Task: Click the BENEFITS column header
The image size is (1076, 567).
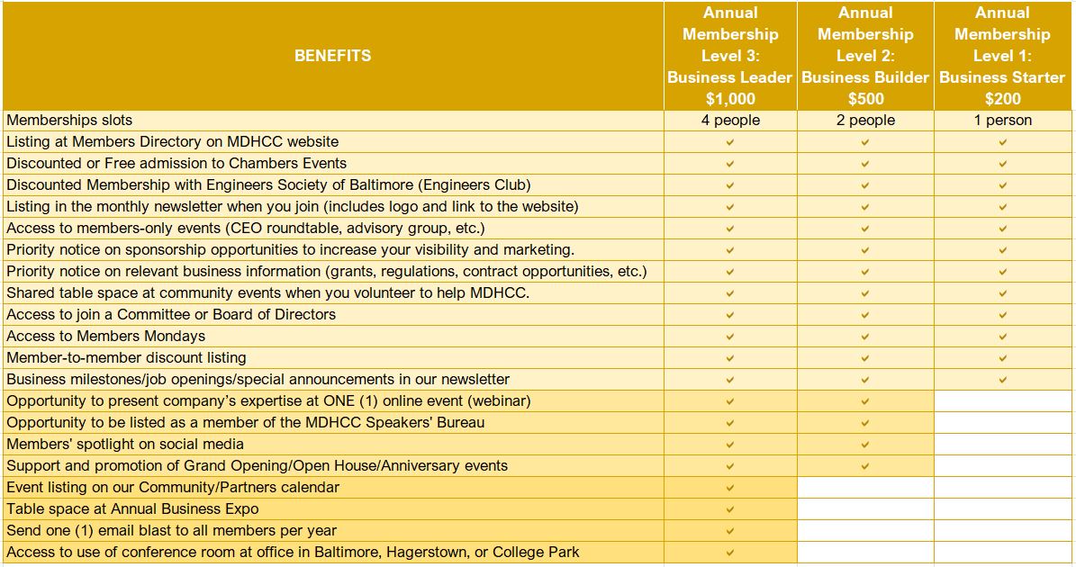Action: [332, 56]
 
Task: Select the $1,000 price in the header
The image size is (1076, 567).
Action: [730, 99]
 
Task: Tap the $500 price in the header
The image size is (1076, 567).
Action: [865, 99]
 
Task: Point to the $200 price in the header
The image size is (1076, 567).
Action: [1002, 99]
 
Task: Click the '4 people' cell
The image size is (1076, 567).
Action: [730, 121]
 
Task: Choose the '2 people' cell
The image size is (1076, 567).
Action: [865, 121]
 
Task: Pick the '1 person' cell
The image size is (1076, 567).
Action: [1002, 121]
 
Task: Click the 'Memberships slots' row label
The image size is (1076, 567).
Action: [69, 121]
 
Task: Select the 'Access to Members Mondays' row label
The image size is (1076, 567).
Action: [105, 337]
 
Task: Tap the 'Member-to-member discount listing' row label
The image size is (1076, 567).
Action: [126, 358]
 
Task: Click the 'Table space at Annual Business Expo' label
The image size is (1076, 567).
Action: [131, 509]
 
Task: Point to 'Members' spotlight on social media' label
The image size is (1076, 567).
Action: [125, 445]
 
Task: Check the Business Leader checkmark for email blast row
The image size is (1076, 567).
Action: [730, 531]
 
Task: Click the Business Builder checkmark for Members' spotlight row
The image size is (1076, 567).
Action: [865, 445]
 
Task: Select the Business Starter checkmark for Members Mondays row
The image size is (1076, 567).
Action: [1002, 337]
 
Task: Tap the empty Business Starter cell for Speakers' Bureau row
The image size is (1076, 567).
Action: [1002, 423]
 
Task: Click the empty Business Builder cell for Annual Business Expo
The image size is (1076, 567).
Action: [865, 509]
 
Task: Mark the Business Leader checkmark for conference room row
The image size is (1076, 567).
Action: [730, 553]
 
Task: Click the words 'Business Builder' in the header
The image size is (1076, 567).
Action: [865, 77]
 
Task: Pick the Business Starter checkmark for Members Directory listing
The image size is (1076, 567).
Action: [1002, 142]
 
